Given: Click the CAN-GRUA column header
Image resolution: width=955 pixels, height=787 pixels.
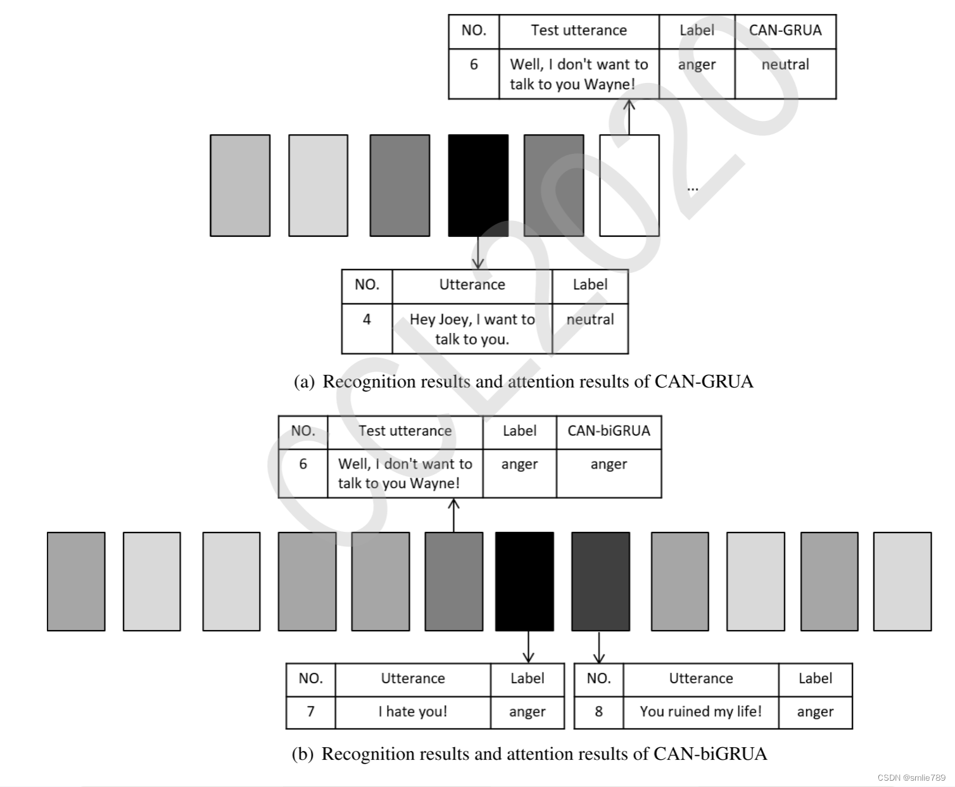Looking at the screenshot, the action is [785, 30].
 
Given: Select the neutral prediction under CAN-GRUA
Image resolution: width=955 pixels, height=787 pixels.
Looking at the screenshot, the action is [785, 65].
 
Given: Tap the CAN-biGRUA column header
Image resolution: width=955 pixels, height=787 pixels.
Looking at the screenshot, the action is [609, 431].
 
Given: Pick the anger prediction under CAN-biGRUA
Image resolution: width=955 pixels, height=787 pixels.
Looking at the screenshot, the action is [609, 464].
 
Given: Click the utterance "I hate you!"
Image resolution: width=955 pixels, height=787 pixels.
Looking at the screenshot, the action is [413, 712].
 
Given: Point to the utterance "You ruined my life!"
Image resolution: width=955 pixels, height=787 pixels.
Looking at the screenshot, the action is [700, 712].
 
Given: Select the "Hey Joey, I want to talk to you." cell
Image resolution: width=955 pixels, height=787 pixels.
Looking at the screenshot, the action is [472, 329].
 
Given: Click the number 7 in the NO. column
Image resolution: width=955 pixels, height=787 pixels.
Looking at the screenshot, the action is [310, 712].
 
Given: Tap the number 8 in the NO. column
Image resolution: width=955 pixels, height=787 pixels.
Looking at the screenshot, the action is [598, 712].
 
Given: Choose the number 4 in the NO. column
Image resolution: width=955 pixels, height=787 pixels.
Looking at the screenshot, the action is [367, 320].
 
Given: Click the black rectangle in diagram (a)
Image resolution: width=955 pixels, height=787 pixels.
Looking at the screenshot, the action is [478, 185].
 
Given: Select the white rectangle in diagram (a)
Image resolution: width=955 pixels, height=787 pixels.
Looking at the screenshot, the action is [629, 185].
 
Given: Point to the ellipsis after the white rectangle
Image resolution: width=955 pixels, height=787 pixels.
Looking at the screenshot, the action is [693, 188].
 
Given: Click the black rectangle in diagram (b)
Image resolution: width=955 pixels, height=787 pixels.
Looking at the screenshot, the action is [524, 581].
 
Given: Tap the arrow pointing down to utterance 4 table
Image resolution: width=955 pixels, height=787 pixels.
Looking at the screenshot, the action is [478, 253].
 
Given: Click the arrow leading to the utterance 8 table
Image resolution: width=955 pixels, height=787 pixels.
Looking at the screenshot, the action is [599, 648].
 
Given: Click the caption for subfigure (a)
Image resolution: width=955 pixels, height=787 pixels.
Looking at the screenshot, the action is [524, 382].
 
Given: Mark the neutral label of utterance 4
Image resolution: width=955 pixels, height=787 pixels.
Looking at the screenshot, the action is [590, 320].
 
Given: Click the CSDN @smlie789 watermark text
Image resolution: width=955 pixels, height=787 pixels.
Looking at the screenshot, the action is [911, 778].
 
